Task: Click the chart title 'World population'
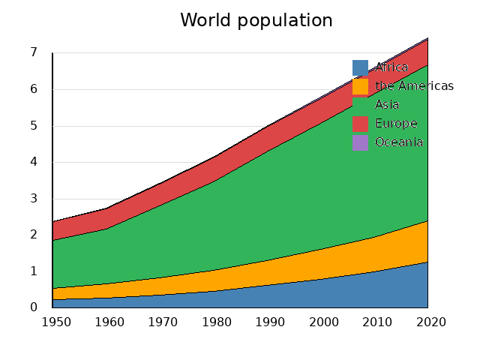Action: [256, 20]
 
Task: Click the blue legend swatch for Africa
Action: [361, 67]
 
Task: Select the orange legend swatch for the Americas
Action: [361, 86]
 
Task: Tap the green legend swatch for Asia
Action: [361, 105]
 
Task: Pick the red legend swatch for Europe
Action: [361, 124]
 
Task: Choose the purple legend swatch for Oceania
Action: [361, 142]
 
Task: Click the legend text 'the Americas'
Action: [414, 86]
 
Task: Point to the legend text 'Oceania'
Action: [399, 142]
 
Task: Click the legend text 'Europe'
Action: [396, 124]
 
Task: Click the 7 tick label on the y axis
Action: [34, 52]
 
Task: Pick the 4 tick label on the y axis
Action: [34, 162]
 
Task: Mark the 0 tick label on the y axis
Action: [34, 307]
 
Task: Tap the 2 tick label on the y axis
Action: [34, 235]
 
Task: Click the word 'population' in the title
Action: [285, 21]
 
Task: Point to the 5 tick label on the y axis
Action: [34, 125]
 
